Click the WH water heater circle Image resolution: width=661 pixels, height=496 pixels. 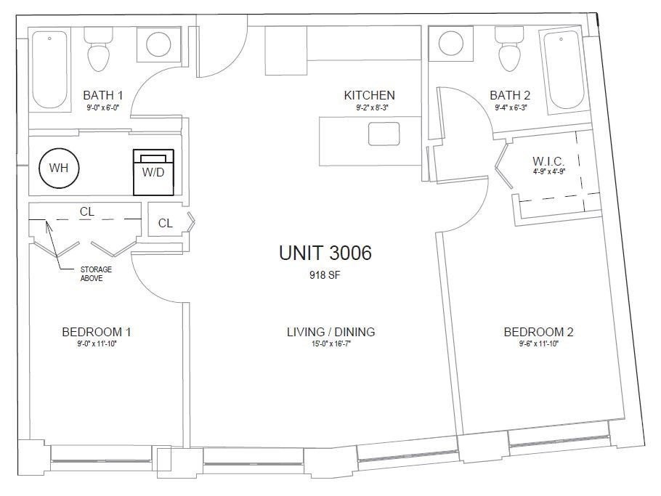point(59,168)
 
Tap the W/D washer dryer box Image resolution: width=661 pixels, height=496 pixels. point(153,172)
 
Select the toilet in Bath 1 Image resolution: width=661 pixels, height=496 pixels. point(99,49)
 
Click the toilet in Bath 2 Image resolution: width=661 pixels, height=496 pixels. point(508,49)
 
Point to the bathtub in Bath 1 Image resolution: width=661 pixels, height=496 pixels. point(49,69)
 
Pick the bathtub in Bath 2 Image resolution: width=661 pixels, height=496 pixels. point(564,70)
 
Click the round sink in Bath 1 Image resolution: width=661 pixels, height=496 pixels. point(158,44)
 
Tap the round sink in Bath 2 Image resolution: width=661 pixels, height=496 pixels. point(451,44)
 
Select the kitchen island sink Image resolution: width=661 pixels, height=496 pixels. point(384,134)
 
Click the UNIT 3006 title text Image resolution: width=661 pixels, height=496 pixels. point(325,253)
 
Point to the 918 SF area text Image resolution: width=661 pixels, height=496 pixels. point(325,275)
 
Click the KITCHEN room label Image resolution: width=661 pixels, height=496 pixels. point(369,95)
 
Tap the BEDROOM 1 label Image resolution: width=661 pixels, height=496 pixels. point(97,332)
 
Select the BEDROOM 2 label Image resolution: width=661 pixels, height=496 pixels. point(538,332)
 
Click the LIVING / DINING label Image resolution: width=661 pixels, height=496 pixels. point(331,332)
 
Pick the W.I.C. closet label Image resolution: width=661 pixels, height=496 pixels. point(548,161)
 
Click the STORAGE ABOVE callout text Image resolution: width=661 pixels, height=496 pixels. point(96,274)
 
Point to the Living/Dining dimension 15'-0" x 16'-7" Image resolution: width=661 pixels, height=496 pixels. point(331,343)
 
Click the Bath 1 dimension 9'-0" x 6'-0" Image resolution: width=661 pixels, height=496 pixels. point(103,107)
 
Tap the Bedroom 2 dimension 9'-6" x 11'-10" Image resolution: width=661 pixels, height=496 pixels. point(538,343)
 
